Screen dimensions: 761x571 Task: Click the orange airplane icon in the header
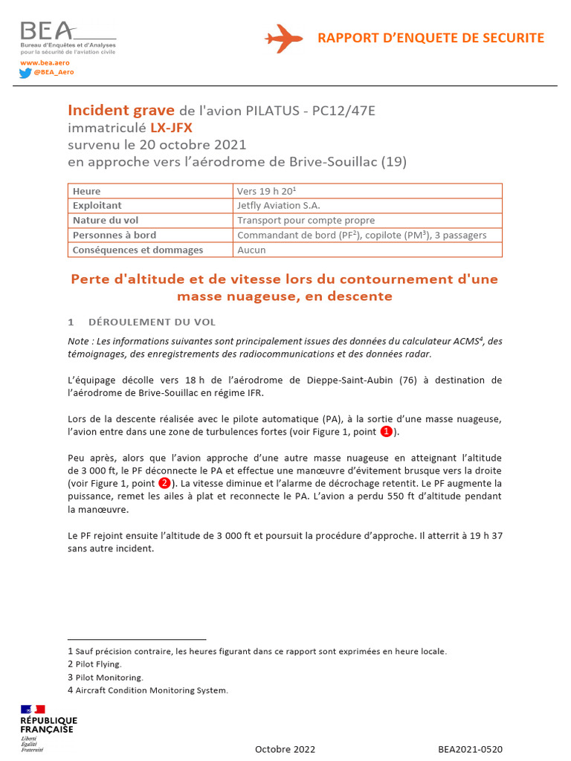pos(283,38)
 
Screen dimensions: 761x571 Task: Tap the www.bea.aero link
pos(39,63)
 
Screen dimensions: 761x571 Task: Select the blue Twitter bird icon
pos(25,73)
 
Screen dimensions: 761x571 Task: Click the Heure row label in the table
pos(87,191)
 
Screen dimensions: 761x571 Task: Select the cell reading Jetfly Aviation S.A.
pos(279,205)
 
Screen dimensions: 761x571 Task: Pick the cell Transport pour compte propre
pos(306,220)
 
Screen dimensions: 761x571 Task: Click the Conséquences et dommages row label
pos(138,250)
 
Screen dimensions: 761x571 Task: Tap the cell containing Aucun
pos(251,250)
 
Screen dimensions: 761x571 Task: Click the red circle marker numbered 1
pos(386,432)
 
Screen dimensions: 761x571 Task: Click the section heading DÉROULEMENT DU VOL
pos(152,322)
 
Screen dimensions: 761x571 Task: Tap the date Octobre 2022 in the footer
pos(285,749)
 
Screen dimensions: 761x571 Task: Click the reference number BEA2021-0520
pos(470,749)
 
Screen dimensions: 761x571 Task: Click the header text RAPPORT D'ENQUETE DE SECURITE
pos(430,38)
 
